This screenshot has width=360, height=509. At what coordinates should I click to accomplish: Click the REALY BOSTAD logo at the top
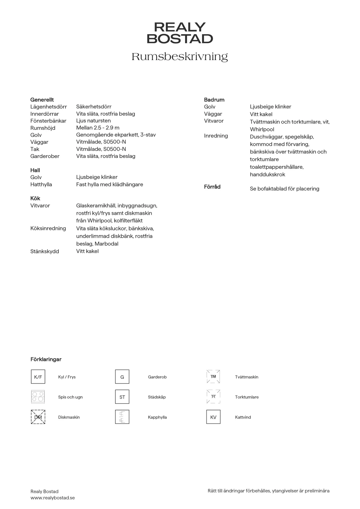click(x=180, y=33)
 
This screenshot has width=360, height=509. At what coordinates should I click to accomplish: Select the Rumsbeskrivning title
click(x=180, y=57)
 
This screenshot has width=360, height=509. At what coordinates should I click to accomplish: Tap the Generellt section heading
click(x=42, y=100)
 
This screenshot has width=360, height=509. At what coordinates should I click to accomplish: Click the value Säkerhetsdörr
click(x=94, y=107)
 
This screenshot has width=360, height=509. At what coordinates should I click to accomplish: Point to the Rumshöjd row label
click(x=43, y=128)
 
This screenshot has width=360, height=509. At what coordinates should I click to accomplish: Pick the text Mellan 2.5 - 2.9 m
click(x=97, y=128)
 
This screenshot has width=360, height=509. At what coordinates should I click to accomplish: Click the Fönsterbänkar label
click(x=48, y=121)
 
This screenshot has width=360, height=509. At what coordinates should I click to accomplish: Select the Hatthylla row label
click(x=41, y=185)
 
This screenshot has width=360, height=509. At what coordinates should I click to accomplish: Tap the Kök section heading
click(x=35, y=198)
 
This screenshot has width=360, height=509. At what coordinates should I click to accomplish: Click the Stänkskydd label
click(x=44, y=252)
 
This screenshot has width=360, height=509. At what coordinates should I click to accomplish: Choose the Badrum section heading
click(x=214, y=100)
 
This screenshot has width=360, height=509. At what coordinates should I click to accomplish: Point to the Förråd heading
click(x=212, y=187)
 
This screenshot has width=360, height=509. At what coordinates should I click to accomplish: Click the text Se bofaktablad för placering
click(x=284, y=189)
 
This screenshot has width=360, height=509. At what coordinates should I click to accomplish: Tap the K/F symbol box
click(x=38, y=377)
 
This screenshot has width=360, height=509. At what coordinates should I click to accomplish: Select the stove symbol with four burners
click(x=38, y=397)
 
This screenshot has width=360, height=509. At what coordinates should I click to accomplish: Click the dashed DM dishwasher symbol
click(x=38, y=417)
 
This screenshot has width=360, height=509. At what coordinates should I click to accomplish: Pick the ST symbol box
click(x=122, y=397)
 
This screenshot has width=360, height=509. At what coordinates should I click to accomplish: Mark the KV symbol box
click(x=213, y=417)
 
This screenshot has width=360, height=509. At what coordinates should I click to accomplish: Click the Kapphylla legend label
click(x=157, y=417)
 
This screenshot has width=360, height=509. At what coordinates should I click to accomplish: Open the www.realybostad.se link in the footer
click(x=52, y=498)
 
